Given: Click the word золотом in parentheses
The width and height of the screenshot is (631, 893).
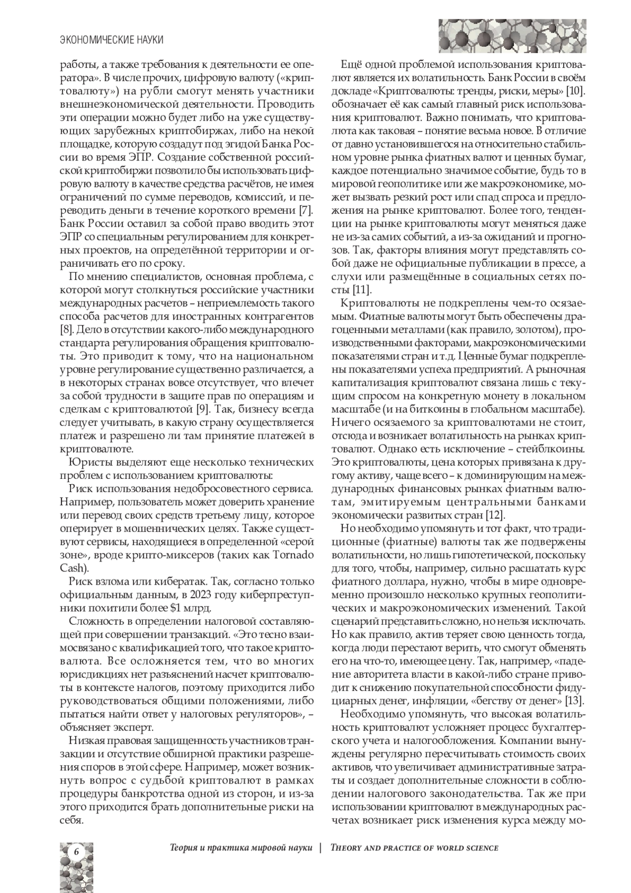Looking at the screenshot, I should coord(526,330).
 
